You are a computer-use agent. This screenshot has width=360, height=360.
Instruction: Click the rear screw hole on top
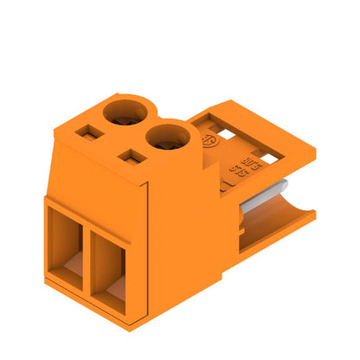(x=125, y=112)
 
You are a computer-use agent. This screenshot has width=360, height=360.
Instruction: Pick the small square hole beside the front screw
(x=130, y=158)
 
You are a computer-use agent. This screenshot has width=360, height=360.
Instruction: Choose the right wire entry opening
(x=110, y=267)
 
